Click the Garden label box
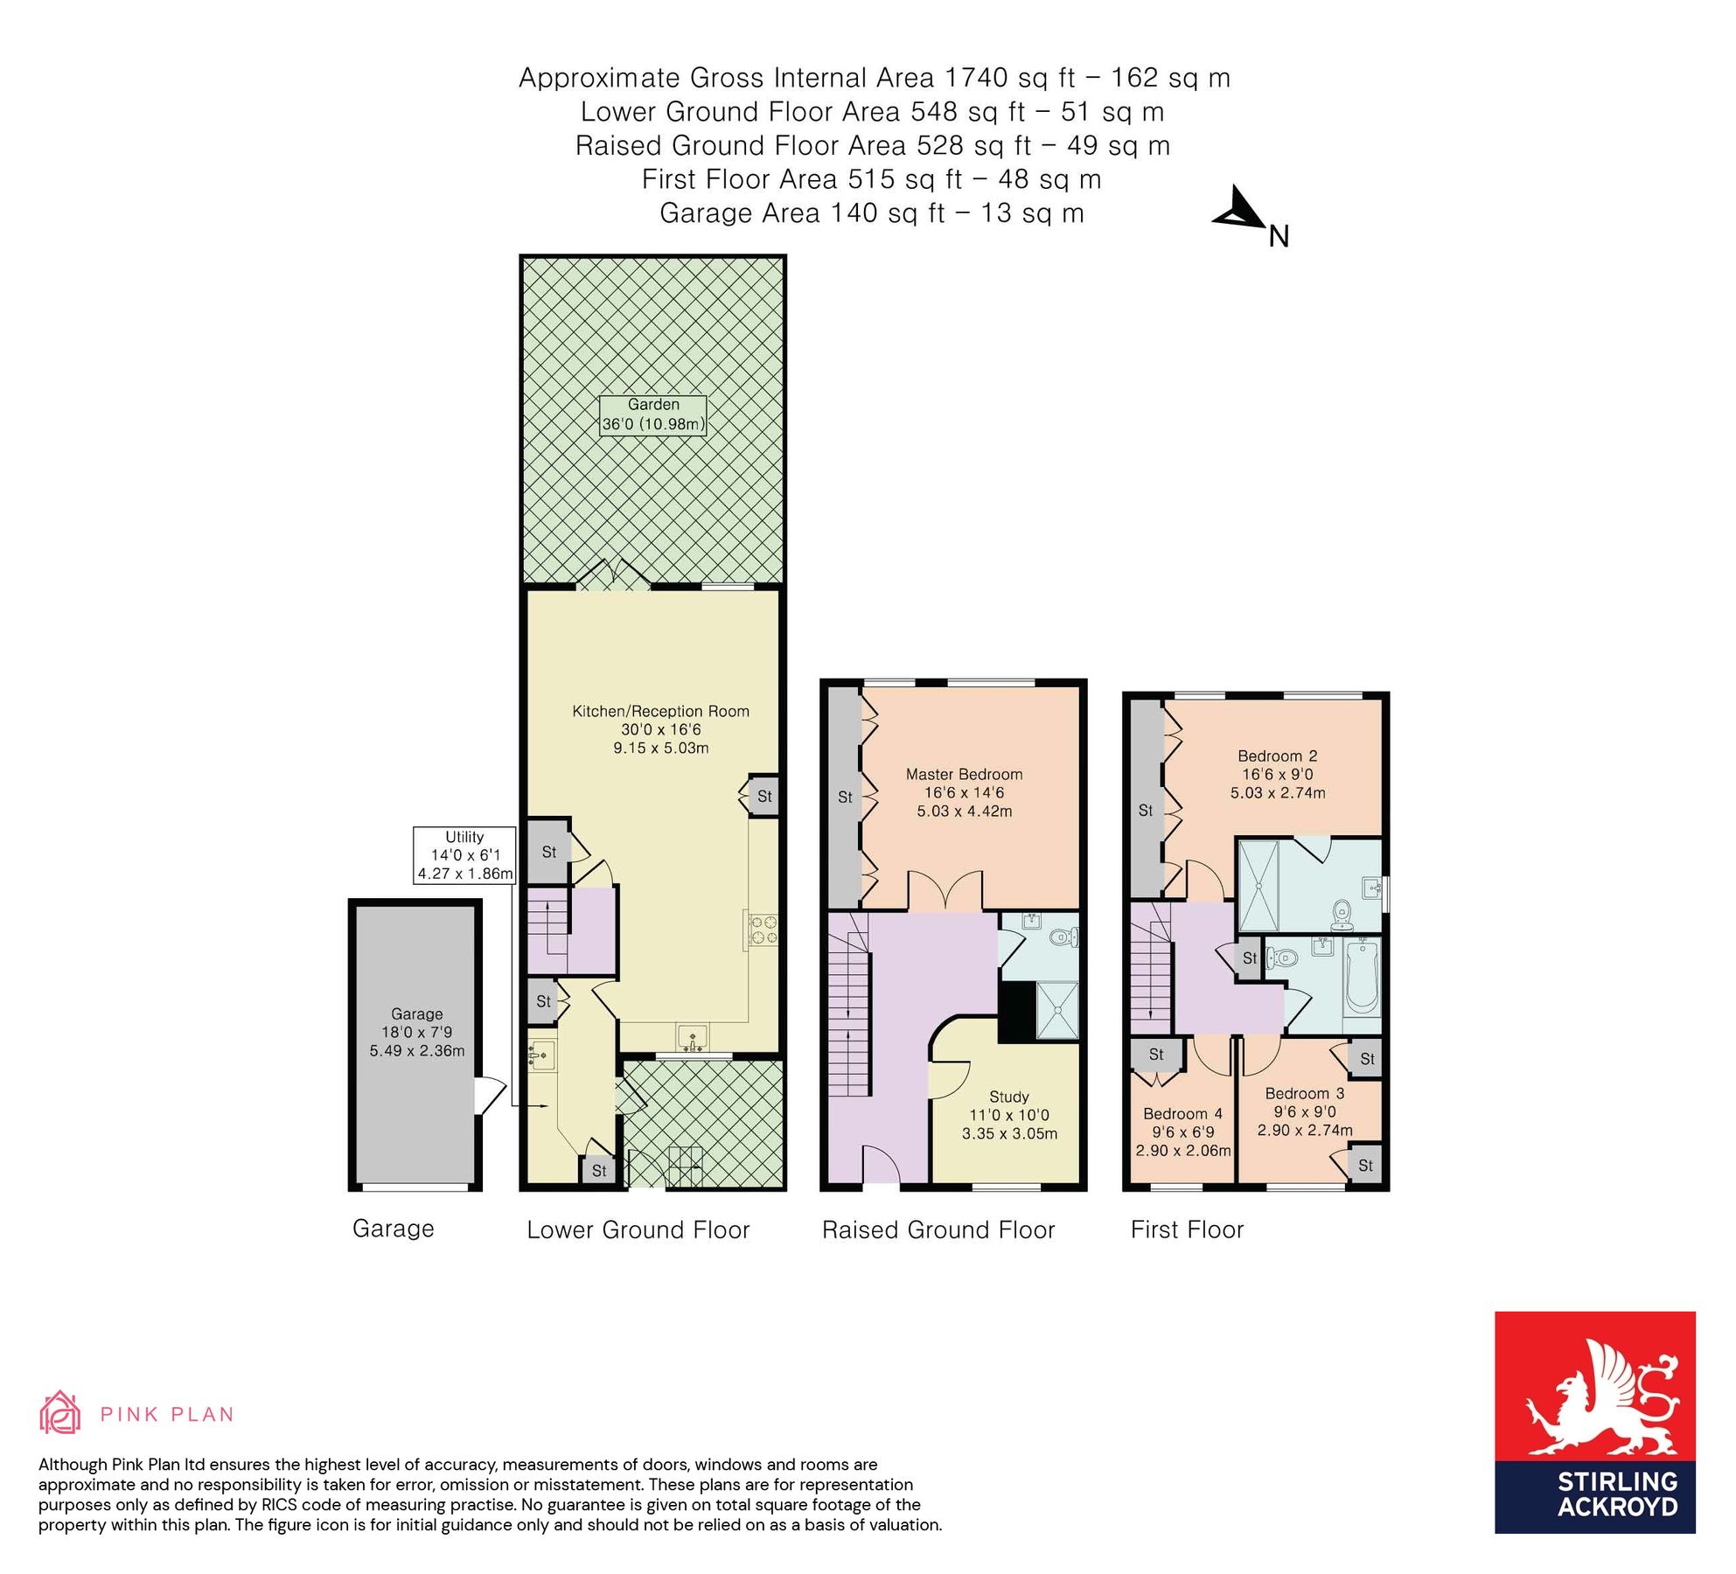652,415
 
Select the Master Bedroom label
964,775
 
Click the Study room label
1008,1097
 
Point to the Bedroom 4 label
1182,1114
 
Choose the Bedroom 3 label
1304,1094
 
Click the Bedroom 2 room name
1277,756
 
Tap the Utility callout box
464,854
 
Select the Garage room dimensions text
416,1041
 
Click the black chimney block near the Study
1015,1012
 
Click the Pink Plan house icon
59,1413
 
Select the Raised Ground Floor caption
938,1230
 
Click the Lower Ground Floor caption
638,1230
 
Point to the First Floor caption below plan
1186,1230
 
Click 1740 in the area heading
976,78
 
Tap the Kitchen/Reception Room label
660,712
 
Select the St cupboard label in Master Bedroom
845,797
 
